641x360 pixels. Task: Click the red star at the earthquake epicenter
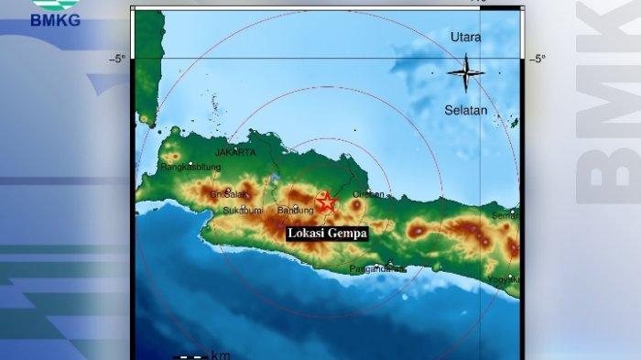point(325,202)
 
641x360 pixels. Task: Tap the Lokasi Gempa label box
point(327,234)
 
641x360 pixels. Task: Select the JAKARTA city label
point(236,153)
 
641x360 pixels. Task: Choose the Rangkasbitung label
point(190,169)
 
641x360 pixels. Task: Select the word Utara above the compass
point(465,38)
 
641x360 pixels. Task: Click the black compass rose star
point(466,72)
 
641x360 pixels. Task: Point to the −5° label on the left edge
point(118,60)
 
